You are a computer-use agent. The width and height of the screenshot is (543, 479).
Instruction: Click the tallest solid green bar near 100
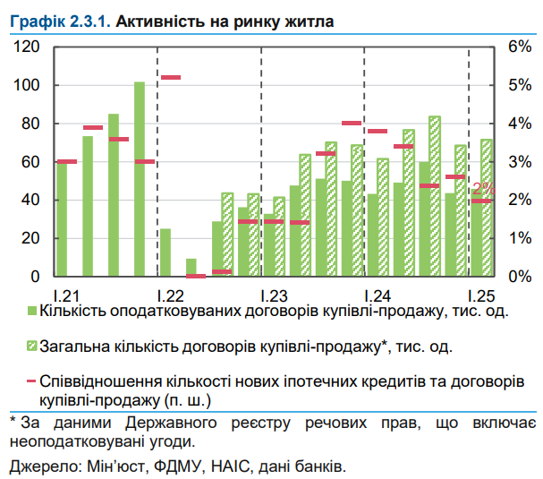(x=140, y=179)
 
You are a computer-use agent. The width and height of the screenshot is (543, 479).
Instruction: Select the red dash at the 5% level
(x=170, y=78)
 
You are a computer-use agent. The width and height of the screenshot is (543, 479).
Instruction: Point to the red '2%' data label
(x=482, y=189)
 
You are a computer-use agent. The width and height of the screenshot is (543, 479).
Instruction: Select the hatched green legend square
(x=32, y=346)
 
